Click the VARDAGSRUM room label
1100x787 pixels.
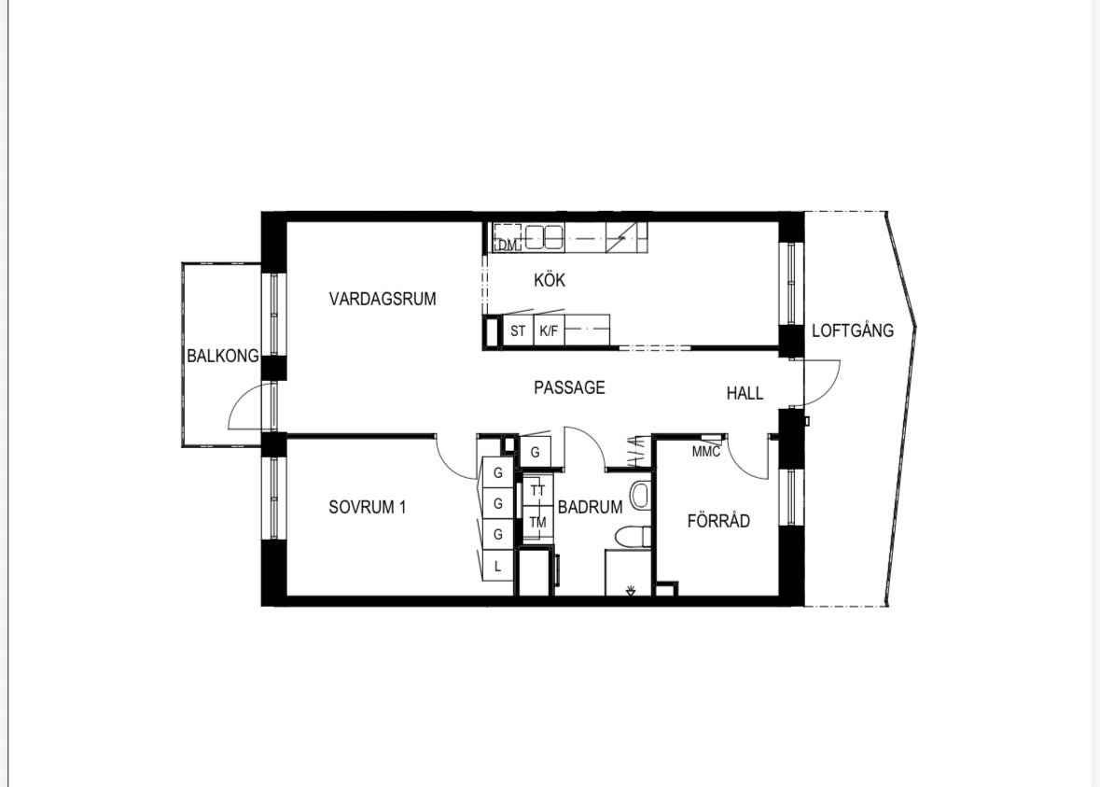(383, 299)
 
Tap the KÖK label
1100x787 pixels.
(550, 280)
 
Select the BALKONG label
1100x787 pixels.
(222, 356)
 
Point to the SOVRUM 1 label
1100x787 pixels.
(367, 507)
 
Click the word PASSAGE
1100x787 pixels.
(569, 387)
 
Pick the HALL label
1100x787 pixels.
(745, 393)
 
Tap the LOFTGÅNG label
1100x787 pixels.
(853, 330)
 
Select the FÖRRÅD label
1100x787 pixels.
(718, 521)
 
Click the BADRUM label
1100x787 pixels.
(590, 507)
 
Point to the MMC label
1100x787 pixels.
(705, 452)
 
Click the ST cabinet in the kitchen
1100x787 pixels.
(518, 330)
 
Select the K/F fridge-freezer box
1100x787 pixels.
(549, 330)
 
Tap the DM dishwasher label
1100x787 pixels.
(507, 245)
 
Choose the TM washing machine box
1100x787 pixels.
(538, 522)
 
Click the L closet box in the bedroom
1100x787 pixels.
(497, 566)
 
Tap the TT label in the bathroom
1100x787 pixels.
(537, 491)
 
